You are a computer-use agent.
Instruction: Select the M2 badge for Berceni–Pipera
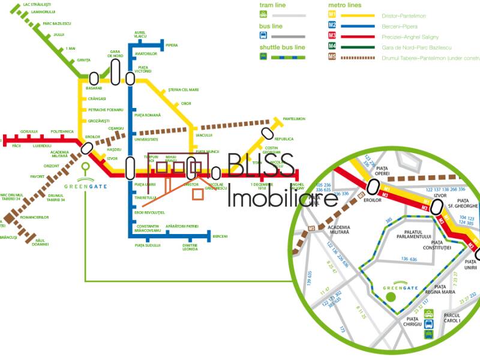pyautogui.click(x=332, y=26)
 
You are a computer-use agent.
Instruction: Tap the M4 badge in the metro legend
pyautogui.click(x=332, y=47)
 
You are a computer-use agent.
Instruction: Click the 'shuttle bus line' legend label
pyautogui.click(x=282, y=47)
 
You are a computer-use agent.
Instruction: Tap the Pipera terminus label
pyautogui.click(x=172, y=45)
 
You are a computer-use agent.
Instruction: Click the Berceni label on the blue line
pyautogui.click(x=220, y=236)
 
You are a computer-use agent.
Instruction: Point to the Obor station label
pyautogui.click(x=186, y=103)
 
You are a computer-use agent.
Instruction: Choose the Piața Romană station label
pyautogui.click(x=148, y=115)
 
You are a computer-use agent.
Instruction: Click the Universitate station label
pyautogui.click(x=146, y=139)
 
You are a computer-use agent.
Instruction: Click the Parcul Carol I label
pyautogui.click(x=452, y=318)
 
